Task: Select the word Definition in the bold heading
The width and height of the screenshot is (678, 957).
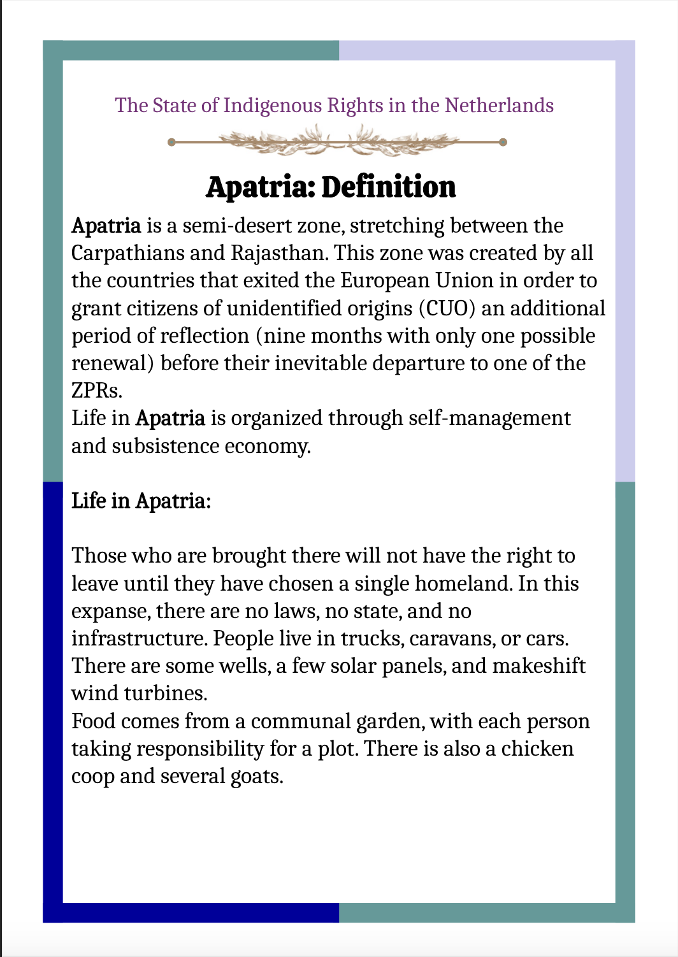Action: coord(389,187)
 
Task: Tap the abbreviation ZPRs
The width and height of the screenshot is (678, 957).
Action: coord(96,391)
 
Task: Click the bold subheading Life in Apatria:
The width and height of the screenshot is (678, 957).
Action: coord(141,501)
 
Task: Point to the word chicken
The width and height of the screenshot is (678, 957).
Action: coord(537,749)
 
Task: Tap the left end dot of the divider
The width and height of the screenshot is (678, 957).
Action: coord(171,142)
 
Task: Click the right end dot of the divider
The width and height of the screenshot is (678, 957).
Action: coord(503,142)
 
